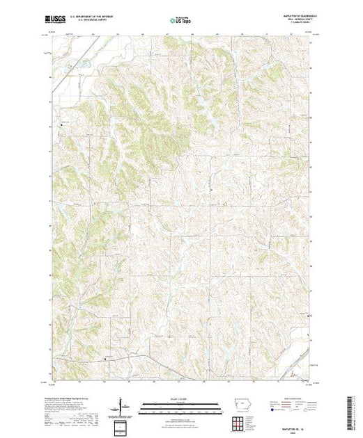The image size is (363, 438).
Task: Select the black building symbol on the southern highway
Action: coord(106,359)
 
